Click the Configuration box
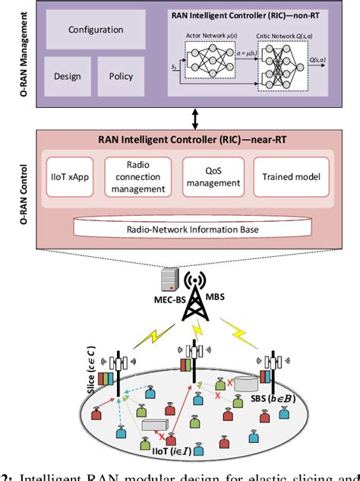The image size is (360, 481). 96,30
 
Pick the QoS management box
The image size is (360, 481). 212,177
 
